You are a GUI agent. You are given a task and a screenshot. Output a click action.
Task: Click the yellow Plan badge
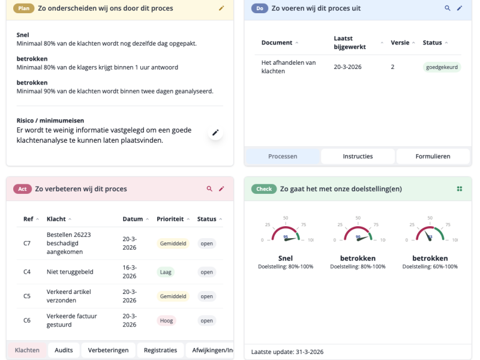[x=23, y=8]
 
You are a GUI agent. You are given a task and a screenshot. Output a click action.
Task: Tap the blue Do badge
[x=259, y=8]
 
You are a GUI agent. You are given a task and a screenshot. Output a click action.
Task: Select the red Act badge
[x=22, y=189]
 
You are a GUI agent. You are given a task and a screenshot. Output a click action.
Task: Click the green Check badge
[x=264, y=189]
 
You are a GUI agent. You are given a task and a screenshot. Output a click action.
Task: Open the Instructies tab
[x=358, y=156]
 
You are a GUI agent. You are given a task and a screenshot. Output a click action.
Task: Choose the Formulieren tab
[x=433, y=156]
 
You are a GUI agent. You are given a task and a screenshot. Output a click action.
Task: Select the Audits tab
[x=64, y=350]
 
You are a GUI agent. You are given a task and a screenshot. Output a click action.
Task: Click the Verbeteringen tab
[x=108, y=350]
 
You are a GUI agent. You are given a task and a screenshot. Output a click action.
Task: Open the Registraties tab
[x=160, y=350]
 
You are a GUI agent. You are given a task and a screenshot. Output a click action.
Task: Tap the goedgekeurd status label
[x=442, y=67]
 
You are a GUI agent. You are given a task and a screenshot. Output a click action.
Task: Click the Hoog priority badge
[x=166, y=320]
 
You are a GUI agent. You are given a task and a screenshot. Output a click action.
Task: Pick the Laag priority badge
[x=166, y=272]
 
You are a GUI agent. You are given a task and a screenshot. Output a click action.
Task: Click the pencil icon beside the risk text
[x=215, y=133]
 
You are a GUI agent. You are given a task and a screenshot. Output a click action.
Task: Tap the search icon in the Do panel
[x=447, y=8]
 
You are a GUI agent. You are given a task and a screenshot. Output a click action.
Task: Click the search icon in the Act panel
[x=209, y=189]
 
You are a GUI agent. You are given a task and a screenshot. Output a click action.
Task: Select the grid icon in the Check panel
[x=460, y=189]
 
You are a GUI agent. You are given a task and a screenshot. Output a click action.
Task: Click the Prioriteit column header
[x=170, y=219]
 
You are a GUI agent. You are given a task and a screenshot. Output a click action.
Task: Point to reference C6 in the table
[x=27, y=320]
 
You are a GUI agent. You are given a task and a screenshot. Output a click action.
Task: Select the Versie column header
[x=400, y=43]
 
